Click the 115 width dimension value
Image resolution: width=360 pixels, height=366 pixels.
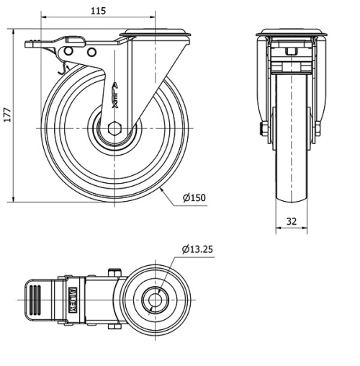(99, 10)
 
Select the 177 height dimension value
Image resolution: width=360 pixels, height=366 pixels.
(7, 115)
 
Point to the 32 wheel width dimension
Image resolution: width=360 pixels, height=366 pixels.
(292, 222)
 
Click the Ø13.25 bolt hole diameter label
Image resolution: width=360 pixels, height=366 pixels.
(197, 249)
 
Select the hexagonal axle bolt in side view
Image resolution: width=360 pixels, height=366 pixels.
(115, 128)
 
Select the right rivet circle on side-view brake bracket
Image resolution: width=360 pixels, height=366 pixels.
(91, 53)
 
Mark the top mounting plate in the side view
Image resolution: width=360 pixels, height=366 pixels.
(157, 32)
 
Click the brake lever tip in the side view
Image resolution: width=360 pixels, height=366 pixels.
(30, 45)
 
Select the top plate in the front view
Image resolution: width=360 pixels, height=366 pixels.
(292, 32)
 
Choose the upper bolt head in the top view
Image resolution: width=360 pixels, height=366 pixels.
(112, 271)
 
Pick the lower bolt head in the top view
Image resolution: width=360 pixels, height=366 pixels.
(112, 326)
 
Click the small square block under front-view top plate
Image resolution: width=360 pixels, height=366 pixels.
(292, 52)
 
